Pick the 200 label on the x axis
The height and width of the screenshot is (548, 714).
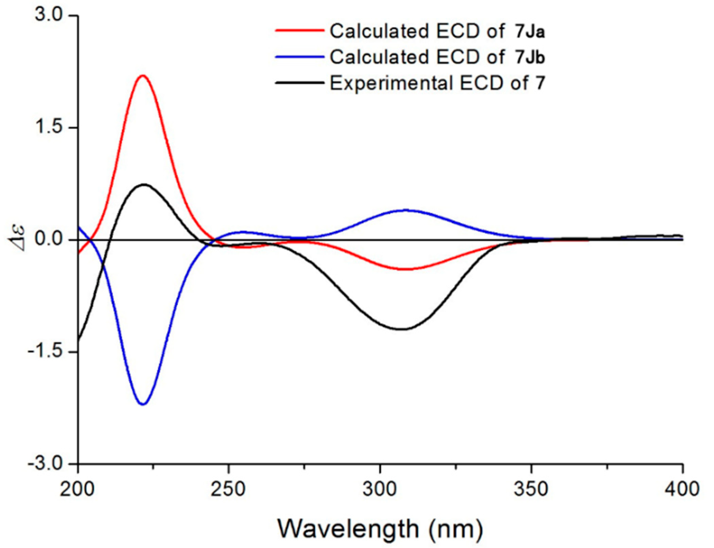tap(77, 489)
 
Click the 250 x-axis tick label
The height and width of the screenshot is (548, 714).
tap(228, 489)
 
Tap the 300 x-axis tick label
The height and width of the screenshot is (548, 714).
tap(380, 489)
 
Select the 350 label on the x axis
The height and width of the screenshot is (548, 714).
tap(531, 489)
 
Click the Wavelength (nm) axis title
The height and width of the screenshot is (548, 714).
tap(380, 529)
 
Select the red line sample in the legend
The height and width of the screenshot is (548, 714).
tap(299, 30)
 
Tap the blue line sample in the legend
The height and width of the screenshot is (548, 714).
tap(299, 56)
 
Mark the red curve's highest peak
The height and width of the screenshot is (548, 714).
tap(143, 76)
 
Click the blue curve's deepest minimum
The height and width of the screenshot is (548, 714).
tap(143, 404)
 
